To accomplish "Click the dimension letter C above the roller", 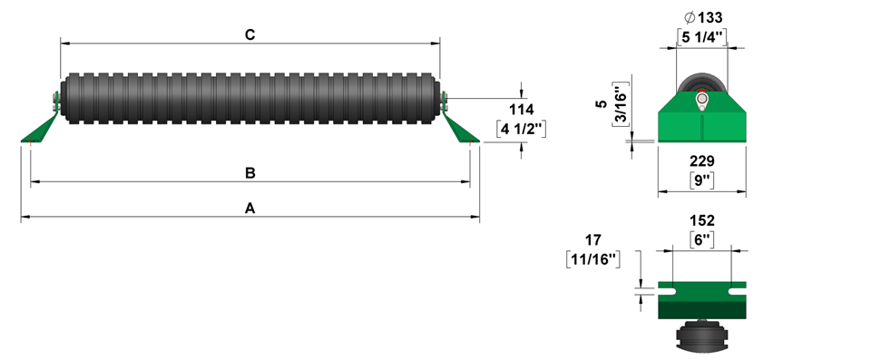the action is [x=250, y=34].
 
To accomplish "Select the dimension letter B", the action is [x=250, y=173].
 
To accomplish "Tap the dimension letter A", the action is [x=250, y=209].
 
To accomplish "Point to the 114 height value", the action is [x=522, y=110].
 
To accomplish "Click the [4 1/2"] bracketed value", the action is [x=522, y=130].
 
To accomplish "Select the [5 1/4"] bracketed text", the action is [x=702, y=36].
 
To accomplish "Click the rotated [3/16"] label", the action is [x=621, y=104].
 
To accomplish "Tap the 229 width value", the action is [x=702, y=161].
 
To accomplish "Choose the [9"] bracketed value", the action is [x=702, y=180].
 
